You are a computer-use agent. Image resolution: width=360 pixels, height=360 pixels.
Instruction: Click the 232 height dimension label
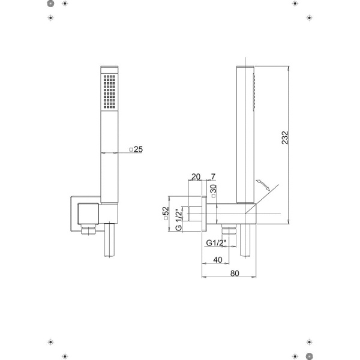click(284, 137)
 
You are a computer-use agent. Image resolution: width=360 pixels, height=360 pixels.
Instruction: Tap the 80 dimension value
click(235, 274)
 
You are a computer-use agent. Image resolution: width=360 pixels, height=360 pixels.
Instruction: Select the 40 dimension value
click(218, 260)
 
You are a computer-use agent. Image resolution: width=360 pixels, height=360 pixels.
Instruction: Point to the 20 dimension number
click(196, 177)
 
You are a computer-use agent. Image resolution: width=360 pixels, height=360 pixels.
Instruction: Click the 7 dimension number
click(213, 177)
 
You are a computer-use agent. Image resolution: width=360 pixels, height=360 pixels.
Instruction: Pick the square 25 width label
click(136, 149)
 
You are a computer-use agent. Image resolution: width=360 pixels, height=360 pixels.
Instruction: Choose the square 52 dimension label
click(166, 213)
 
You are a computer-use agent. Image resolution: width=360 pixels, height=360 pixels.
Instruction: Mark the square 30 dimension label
click(214, 191)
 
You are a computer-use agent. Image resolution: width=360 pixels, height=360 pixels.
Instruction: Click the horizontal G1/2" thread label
click(216, 242)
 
